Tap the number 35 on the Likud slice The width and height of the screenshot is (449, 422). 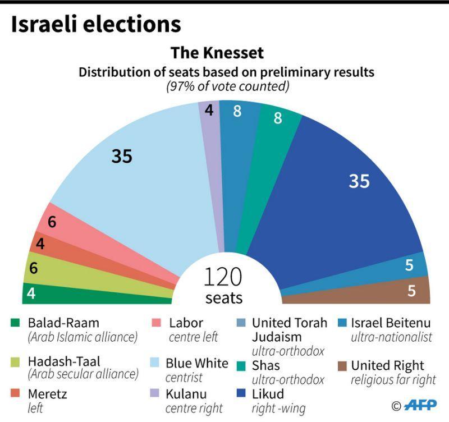point(359,181)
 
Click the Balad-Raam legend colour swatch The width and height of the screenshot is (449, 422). point(15,323)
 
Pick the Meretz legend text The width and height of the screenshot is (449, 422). point(47,394)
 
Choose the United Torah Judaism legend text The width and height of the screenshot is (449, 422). point(288,329)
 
